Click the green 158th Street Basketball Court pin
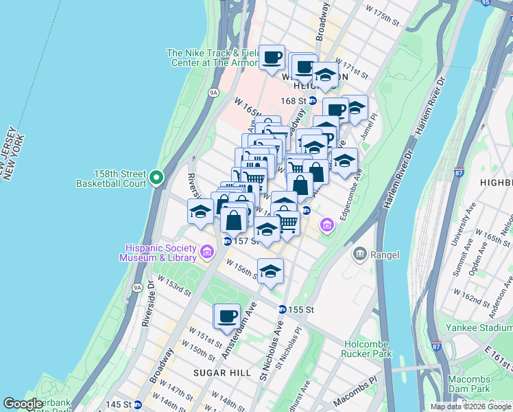tap(156, 178)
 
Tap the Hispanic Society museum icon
tap(207, 253)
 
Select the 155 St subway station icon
tap(282, 310)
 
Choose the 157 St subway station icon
tap(227, 241)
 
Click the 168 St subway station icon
tap(312, 101)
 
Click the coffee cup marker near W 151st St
tap(227, 317)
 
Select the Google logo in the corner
tap(23, 404)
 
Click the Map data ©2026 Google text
tap(470, 407)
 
